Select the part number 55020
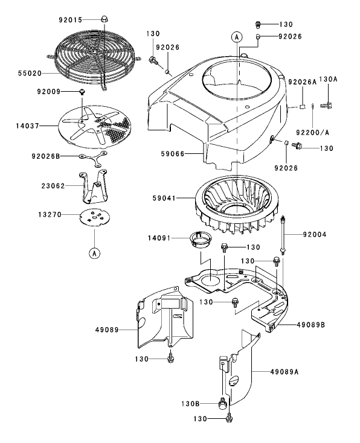tap(28, 72)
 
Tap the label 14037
tap(28, 126)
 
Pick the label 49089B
tap(310, 325)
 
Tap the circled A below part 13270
tap(94, 253)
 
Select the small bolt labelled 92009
tap(80, 91)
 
